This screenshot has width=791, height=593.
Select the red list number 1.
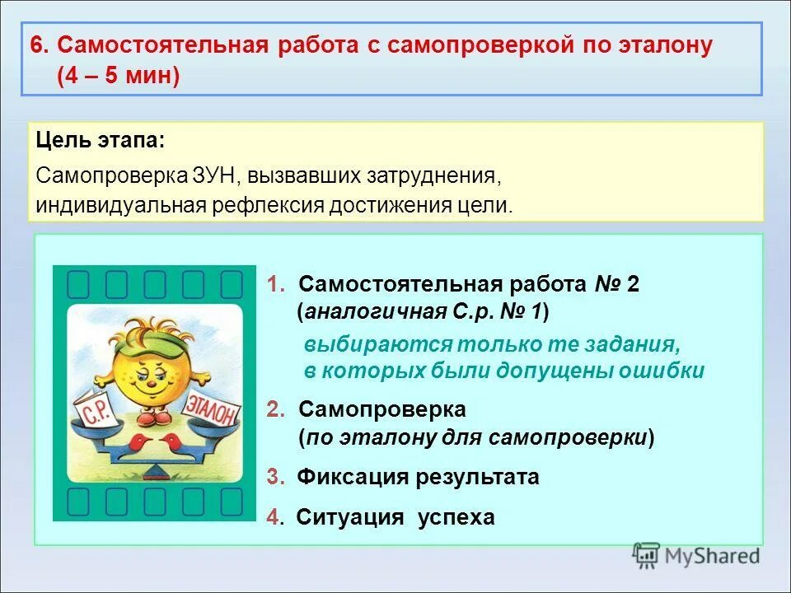click(274, 285)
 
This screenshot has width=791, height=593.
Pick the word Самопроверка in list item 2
click(381, 409)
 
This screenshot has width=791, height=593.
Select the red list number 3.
click(274, 477)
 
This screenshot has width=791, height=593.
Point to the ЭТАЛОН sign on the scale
click(213, 409)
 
